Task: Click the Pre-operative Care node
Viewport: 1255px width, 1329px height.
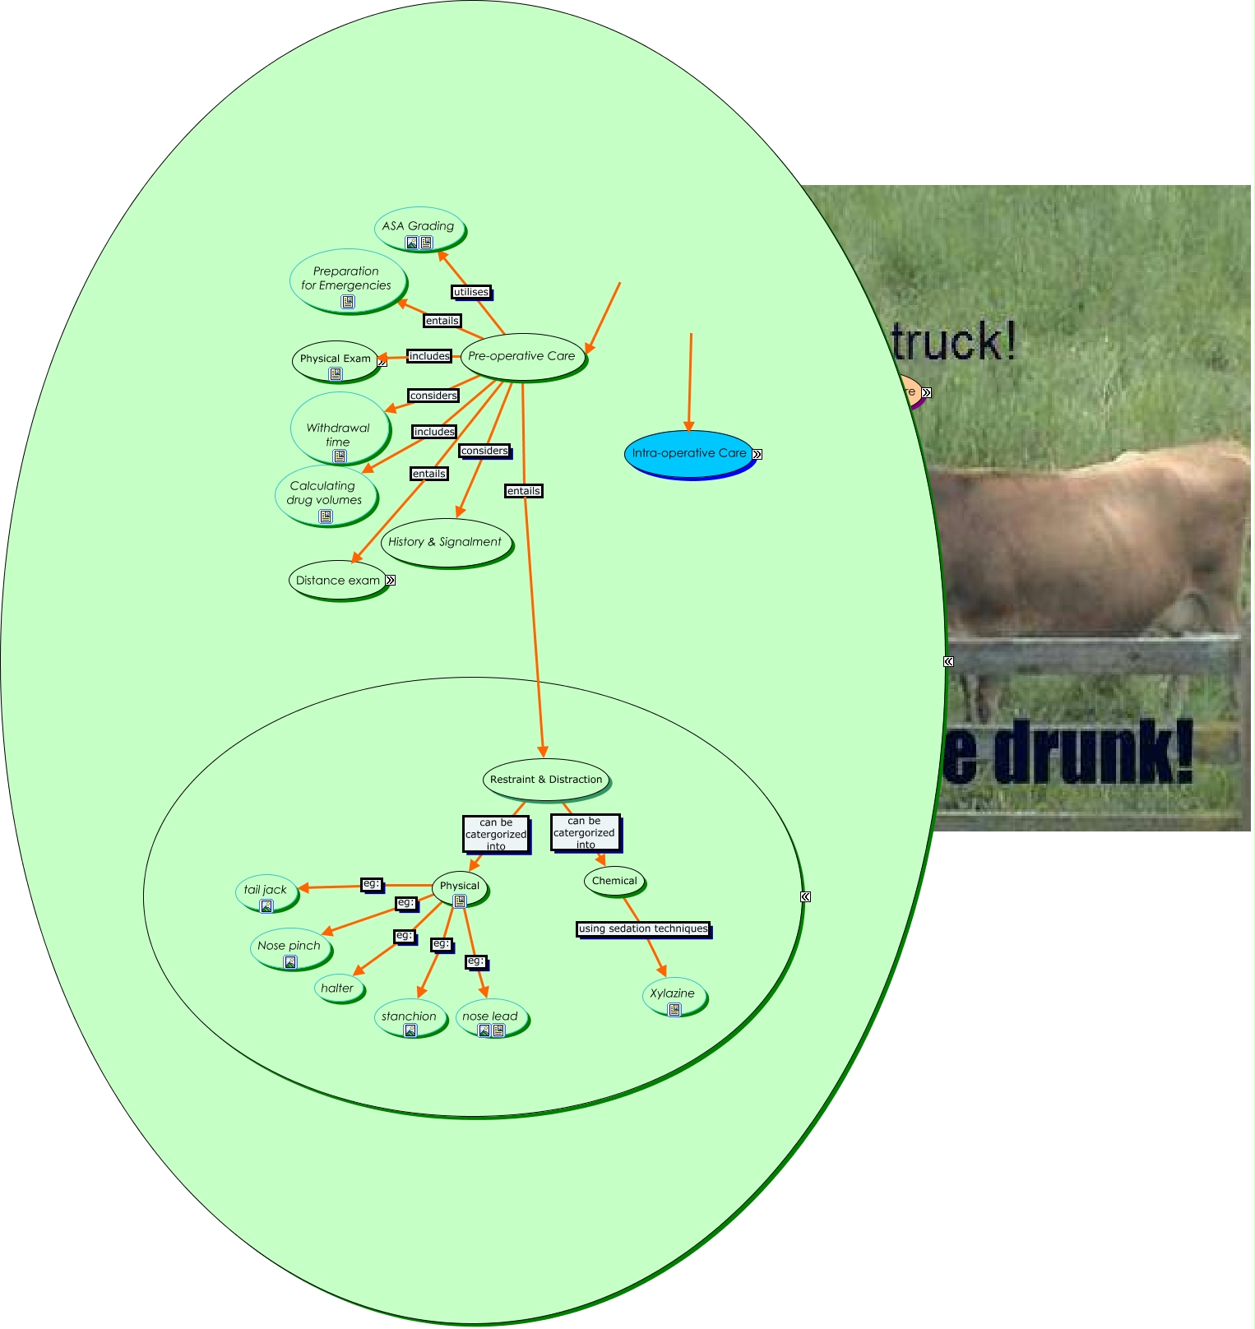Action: [522, 356]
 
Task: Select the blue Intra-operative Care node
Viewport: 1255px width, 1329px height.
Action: [689, 453]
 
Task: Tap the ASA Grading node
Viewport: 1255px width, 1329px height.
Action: [419, 227]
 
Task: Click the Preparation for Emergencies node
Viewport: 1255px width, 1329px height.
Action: [346, 279]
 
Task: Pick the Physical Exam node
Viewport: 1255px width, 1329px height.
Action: [336, 359]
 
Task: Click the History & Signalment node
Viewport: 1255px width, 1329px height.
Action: [445, 542]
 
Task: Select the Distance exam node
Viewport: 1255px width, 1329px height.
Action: [338, 581]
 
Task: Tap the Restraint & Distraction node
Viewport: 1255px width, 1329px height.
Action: [546, 780]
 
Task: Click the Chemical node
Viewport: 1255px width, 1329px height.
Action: [614, 881]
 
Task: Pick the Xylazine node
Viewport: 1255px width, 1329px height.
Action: [673, 994]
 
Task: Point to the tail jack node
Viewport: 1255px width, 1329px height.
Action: [266, 891]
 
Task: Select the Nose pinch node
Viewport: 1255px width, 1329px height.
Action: [289, 947]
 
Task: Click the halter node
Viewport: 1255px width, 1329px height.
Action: [337, 989]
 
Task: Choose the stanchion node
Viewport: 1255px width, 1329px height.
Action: [409, 1017]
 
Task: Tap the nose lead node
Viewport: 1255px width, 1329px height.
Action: [490, 1017]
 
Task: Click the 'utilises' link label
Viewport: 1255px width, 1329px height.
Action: [471, 292]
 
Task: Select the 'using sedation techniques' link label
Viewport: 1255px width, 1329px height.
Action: [643, 929]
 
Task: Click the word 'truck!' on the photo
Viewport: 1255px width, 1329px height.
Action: [954, 343]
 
